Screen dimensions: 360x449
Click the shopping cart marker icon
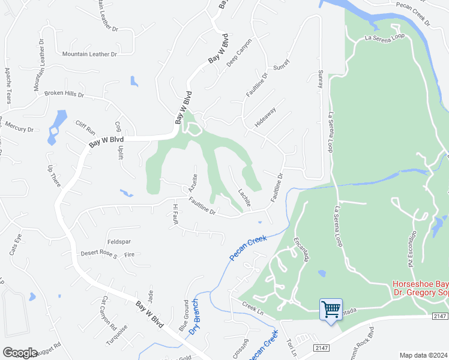tap(331, 310)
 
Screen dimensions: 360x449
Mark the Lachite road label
tap(243, 196)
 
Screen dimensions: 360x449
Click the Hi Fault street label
tap(176, 214)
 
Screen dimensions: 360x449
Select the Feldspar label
tap(119, 241)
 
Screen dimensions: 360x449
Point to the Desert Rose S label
tap(99, 254)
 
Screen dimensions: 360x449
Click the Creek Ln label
tap(253, 305)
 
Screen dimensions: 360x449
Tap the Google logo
tap(20, 353)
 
